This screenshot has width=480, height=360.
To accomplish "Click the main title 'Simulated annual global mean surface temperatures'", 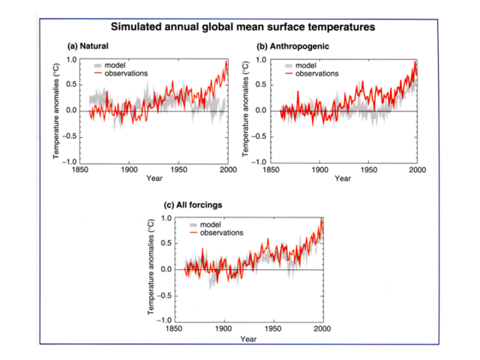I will click(x=242, y=27).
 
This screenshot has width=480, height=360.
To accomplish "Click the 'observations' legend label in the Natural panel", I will click(x=126, y=73).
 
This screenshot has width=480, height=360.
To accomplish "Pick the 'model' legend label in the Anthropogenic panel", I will click(x=307, y=65).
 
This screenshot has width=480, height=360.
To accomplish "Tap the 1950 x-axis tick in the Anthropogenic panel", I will click(x=368, y=169).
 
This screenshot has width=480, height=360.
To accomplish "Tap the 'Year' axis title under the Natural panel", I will click(x=154, y=178).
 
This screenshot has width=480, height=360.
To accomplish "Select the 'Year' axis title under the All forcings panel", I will click(x=248, y=338).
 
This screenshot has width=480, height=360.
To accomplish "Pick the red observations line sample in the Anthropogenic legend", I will click(x=287, y=73).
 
